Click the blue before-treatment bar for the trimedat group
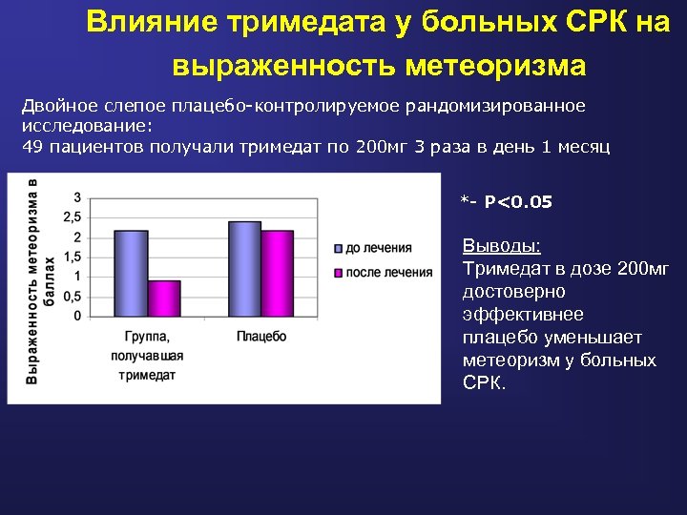[x=131, y=273]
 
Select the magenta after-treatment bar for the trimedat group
[x=164, y=298]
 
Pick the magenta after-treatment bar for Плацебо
[x=278, y=273]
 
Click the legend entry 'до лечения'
[x=378, y=248]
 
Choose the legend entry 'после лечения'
[x=387, y=273]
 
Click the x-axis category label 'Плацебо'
[x=260, y=337]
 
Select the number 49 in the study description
[x=31, y=146]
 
